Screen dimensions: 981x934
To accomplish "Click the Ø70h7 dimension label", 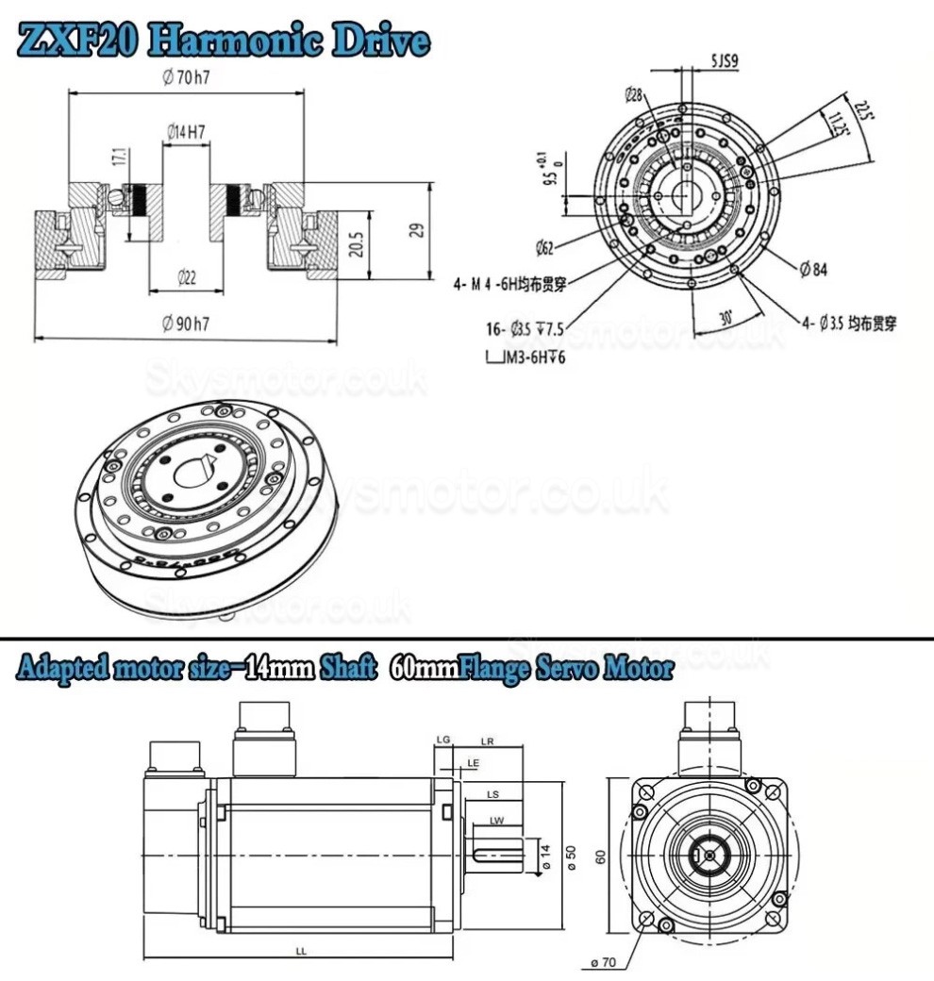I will (186, 77).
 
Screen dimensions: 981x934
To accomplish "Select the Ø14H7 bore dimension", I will (186, 133).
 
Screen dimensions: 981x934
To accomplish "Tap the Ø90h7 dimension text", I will (185, 324).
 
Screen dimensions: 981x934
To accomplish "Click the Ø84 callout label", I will (813, 271).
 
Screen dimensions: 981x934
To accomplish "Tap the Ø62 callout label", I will (543, 248).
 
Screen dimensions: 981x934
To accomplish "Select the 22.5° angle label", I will (861, 112).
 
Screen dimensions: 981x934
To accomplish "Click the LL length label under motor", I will (300, 951).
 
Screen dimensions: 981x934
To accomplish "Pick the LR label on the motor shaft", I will (488, 740).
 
